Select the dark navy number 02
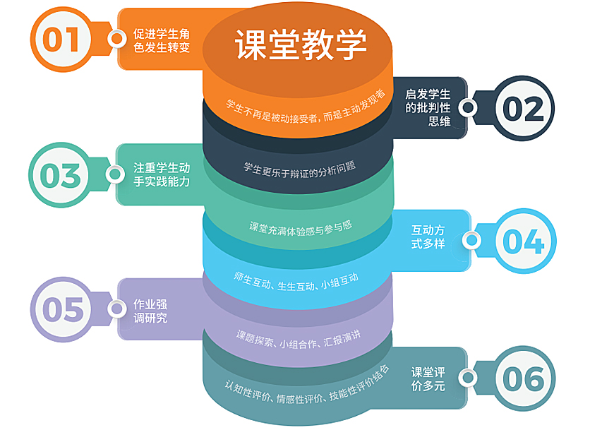point(523,109)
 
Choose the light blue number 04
point(523,241)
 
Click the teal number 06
point(523,379)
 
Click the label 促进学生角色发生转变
point(162,40)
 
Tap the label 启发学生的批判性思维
point(428,107)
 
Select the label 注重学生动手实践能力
point(162,174)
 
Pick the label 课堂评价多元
point(428,378)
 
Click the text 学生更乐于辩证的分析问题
point(299,169)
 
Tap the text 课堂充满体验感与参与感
point(299,227)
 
